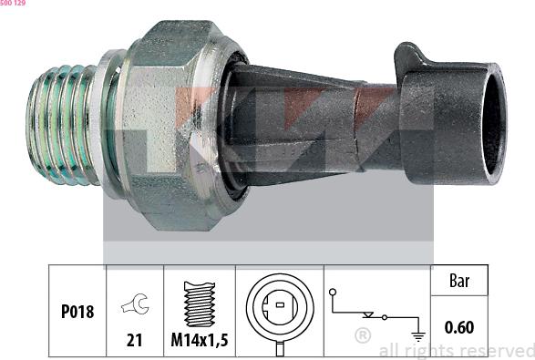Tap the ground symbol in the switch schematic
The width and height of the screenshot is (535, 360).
[x=418, y=335]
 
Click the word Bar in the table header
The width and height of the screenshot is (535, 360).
[x=459, y=282]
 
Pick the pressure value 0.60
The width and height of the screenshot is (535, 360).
[x=459, y=326]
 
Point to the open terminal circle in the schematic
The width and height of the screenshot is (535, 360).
[x=335, y=293]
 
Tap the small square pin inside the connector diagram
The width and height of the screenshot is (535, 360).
[x=279, y=303]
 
